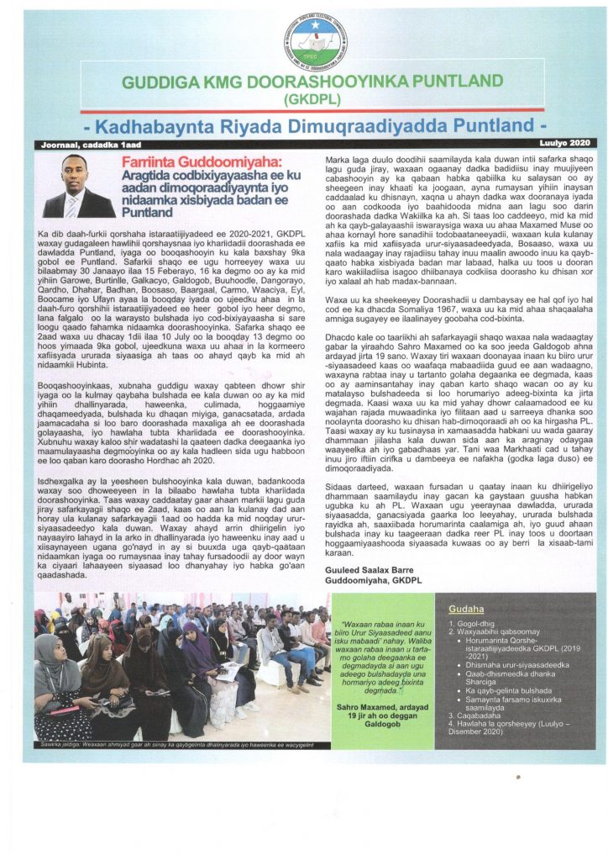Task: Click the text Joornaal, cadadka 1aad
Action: tap(76, 145)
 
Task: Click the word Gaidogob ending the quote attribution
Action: tap(370, 701)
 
